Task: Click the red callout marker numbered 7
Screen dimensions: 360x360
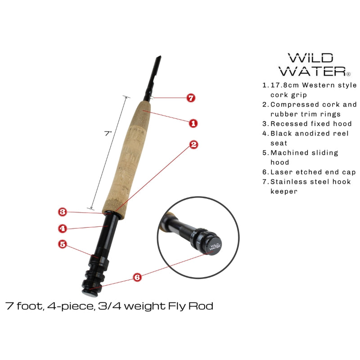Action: [x=191, y=98]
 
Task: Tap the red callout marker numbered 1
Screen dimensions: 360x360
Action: [x=193, y=122]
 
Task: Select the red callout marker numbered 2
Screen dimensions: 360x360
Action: [x=193, y=144]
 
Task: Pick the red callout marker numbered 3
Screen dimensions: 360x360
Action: [x=63, y=211]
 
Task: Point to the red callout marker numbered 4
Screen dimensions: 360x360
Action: [x=63, y=228]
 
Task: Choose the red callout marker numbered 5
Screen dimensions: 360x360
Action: [x=63, y=244]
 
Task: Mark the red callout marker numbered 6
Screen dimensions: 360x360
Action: [x=137, y=277]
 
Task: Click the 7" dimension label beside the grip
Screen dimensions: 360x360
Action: [x=108, y=133]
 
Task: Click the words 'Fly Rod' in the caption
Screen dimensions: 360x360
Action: [x=193, y=306]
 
